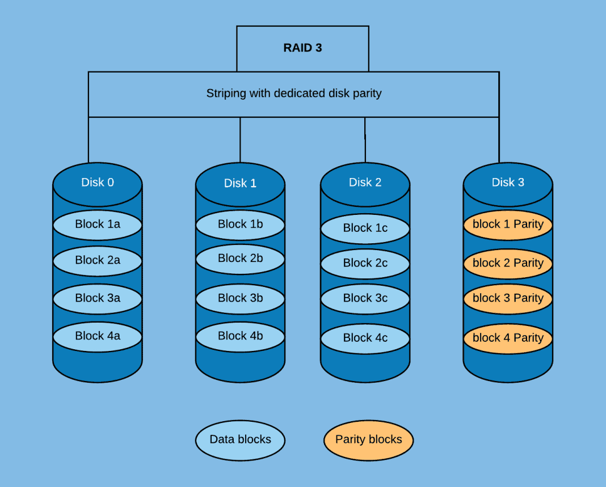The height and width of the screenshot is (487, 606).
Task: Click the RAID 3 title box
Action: point(302,48)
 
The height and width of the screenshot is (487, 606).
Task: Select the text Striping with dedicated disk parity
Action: point(293,94)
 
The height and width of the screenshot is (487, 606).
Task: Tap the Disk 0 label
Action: point(97,182)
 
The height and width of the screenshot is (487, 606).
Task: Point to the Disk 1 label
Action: point(240,183)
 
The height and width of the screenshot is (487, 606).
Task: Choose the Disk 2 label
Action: point(365,182)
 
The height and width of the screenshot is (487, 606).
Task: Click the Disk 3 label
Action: point(508,182)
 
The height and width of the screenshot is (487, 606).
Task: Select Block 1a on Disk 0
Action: point(98,225)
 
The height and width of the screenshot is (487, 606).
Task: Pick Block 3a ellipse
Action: point(98,298)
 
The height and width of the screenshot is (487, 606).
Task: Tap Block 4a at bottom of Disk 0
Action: point(98,336)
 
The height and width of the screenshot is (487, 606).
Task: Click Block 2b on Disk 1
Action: point(240,259)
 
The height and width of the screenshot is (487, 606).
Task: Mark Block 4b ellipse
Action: point(240,336)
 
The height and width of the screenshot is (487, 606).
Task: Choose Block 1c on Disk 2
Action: point(365,228)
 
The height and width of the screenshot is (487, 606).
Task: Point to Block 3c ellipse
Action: point(365,298)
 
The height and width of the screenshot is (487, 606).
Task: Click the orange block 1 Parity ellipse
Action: point(508,225)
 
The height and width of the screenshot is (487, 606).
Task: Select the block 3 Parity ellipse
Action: point(508,298)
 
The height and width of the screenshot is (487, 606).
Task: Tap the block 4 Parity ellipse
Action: point(508,338)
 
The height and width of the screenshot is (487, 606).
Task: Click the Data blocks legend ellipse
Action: point(240,439)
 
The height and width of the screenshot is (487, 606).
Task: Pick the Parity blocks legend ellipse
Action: point(368,439)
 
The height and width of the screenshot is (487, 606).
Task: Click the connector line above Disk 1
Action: point(240,139)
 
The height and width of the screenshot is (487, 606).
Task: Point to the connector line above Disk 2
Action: point(365,139)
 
